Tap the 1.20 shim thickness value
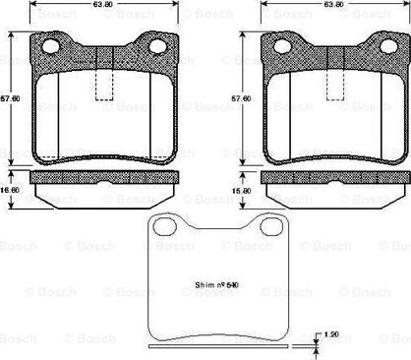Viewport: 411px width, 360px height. (331, 335)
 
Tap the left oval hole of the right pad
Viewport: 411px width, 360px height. (283, 46)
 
